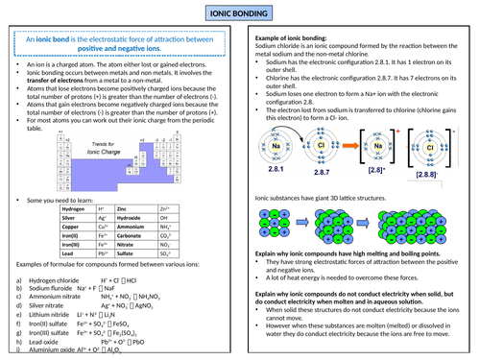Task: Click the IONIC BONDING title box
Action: pos(239,12)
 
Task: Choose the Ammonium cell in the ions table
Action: pos(131,227)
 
